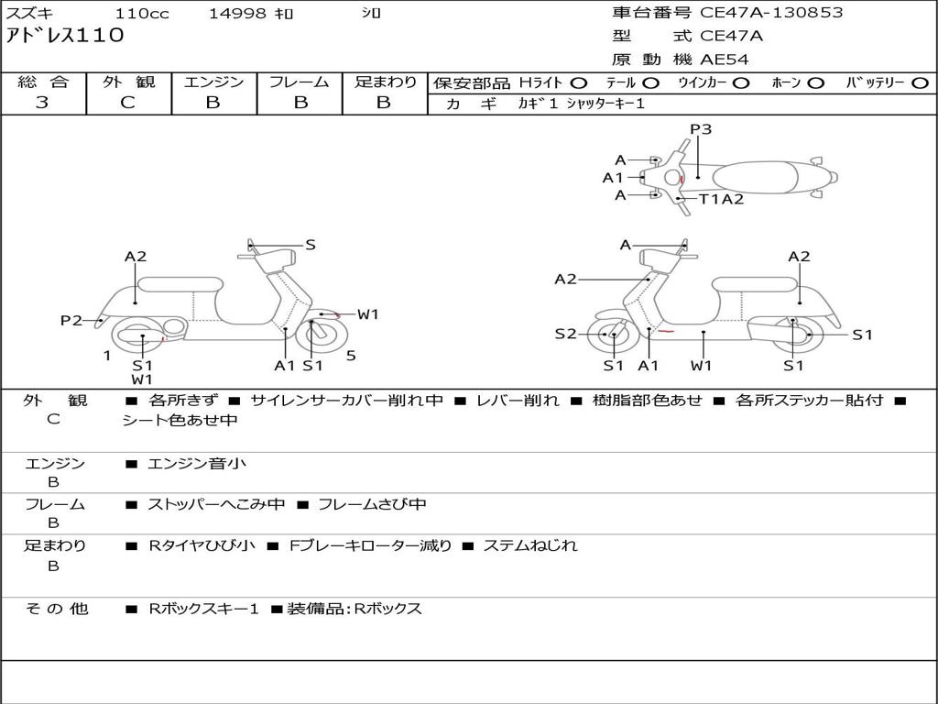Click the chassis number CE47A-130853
[771, 13]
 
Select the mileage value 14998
[237, 13]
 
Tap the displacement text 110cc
[142, 13]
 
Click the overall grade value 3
[42, 103]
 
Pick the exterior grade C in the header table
[127, 103]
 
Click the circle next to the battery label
[920, 83]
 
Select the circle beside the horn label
[815, 83]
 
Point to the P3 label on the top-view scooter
[701, 129]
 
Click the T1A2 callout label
[722, 199]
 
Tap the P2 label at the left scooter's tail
[71, 321]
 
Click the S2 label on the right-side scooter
[565, 334]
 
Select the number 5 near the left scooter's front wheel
[351, 356]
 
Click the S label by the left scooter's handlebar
[310, 245]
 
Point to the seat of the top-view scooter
[755, 177]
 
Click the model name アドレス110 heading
[65, 36]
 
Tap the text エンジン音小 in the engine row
[197, 463]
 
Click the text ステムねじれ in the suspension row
[530, 545]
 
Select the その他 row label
[57, 609]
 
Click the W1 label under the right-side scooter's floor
[701, 365]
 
